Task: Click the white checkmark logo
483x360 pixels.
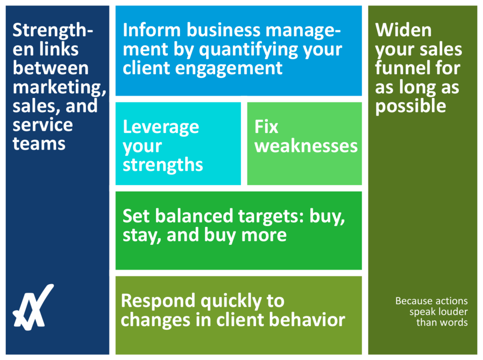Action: pos(33,307)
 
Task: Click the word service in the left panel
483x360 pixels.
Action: pos(42,125)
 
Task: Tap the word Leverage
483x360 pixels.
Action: pos(161,127)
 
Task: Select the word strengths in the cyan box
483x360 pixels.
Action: pos(163,165)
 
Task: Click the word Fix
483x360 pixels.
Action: pos(266,127)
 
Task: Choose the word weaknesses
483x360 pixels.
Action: pos(306,146)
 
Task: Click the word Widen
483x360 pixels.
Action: pos(403,30)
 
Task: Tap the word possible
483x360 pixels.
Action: pos(410,106)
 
